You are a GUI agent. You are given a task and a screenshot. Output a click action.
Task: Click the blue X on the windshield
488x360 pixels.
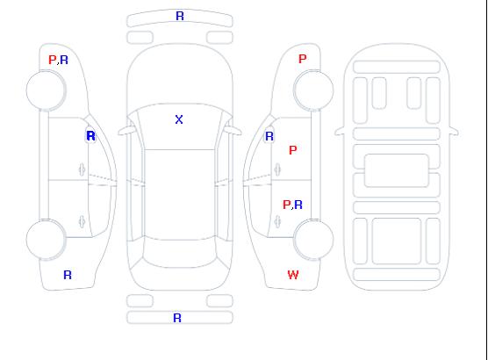tap(179, 119)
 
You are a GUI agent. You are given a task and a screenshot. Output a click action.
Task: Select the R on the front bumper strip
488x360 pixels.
tap(180, 16)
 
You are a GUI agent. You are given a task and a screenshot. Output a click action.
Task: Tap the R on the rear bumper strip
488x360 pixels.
tap(177, 318)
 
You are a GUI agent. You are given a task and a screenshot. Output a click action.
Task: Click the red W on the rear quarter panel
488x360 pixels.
tap(293, 275)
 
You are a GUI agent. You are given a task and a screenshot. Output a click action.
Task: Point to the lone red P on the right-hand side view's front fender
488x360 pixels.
tap(303, 59)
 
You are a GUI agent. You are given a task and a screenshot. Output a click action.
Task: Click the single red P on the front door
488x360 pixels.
tap(293, 150)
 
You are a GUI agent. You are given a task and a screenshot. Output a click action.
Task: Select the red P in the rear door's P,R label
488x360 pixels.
tap(287, 205)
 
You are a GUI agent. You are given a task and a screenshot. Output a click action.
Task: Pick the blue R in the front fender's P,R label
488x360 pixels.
tap(64, 60)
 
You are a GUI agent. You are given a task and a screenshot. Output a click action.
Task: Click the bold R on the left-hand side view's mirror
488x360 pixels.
tap(91, 136)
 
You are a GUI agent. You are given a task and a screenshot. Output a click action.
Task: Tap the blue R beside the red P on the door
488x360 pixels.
tap(298, 205)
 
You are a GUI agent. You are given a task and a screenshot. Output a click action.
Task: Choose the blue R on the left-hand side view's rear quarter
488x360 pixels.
tap(68, 275)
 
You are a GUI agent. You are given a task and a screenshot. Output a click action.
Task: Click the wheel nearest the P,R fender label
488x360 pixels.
tap(46, 90)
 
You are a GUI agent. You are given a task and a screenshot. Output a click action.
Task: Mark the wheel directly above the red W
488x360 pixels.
tap(313, 239)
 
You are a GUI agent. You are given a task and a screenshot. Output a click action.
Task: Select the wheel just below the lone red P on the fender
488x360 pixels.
tap(313, 90)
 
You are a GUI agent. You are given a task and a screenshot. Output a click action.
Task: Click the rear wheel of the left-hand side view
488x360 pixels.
tap(46, 240)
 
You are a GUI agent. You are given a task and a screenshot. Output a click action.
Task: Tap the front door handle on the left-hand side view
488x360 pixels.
tap(82, 169)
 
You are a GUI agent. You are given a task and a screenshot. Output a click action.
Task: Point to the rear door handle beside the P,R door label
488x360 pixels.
tap(277, 221)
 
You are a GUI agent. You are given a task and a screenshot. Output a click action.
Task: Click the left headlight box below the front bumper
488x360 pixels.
tap(140, 38)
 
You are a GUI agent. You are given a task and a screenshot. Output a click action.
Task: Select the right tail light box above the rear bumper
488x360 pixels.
tap(219, 301)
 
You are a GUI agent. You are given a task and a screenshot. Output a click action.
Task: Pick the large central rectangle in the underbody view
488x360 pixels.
tap(396, 170)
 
